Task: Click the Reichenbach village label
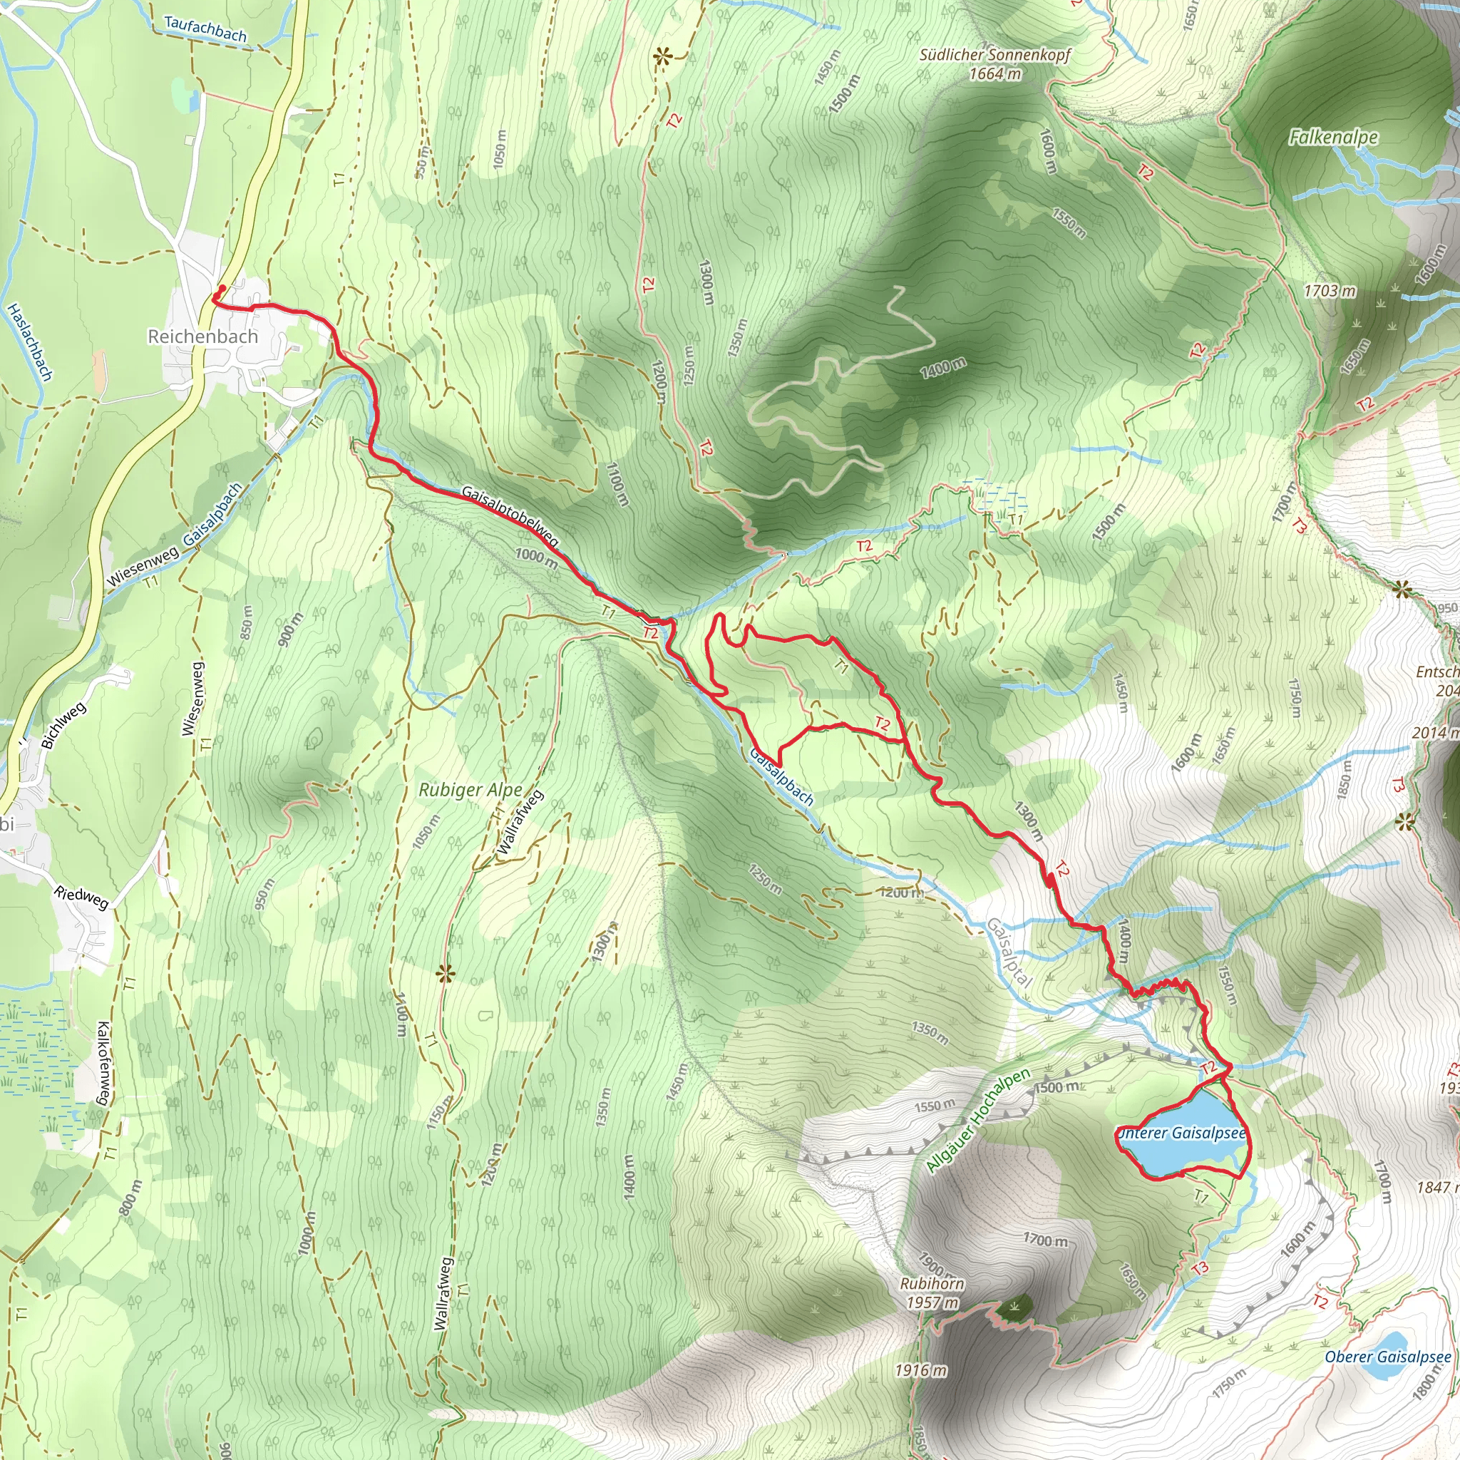[202, 336]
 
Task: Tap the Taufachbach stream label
[205, 29]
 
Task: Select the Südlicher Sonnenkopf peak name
[994, 54]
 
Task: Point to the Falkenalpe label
[1333, 137]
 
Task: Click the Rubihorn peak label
[932, 1283]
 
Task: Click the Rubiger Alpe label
[471, 791]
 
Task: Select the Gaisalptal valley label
[1009, 952]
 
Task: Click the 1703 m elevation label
[1330, 290]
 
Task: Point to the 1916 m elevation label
[920, 1370]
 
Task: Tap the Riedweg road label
[81, 897]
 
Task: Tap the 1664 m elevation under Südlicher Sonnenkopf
[995, 74]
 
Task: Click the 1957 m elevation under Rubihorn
[932, 1303]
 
